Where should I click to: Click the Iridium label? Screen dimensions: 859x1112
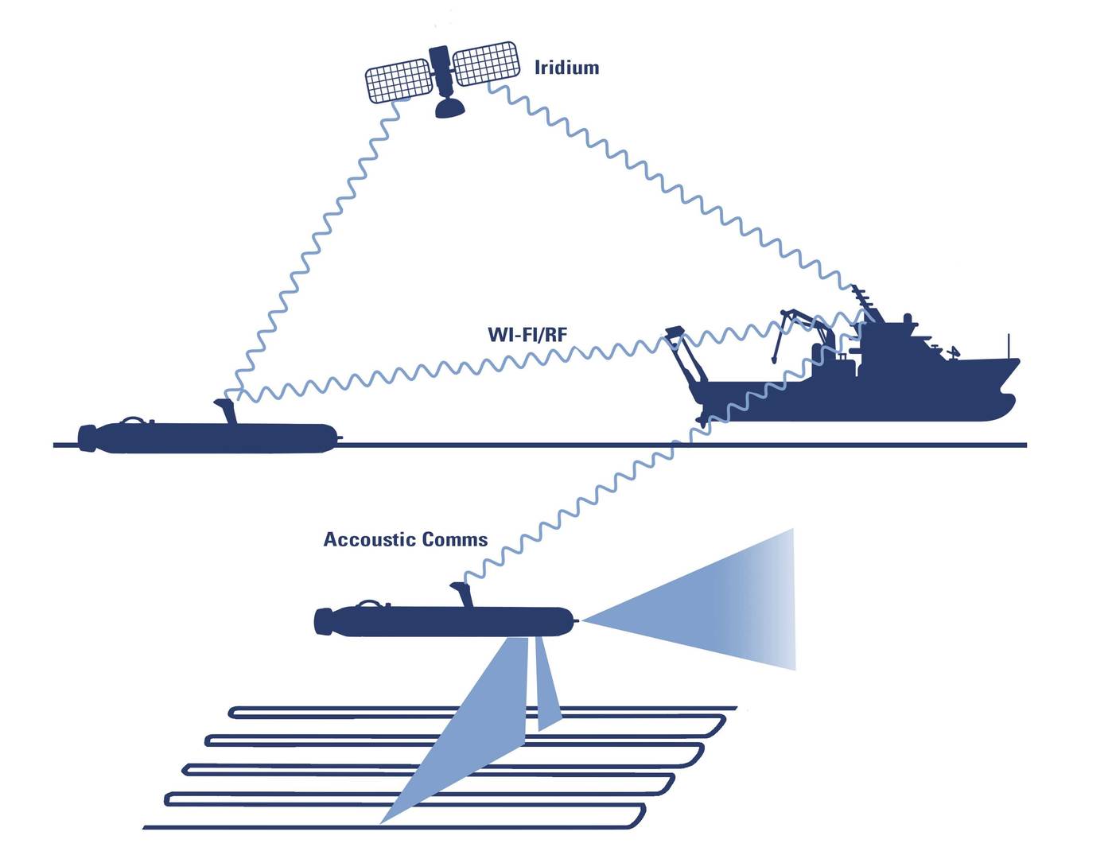566,68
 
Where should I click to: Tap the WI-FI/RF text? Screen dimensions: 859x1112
527,335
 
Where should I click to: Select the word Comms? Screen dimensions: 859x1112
455,540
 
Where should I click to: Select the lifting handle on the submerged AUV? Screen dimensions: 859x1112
371,604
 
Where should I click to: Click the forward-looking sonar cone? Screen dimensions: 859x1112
716,601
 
